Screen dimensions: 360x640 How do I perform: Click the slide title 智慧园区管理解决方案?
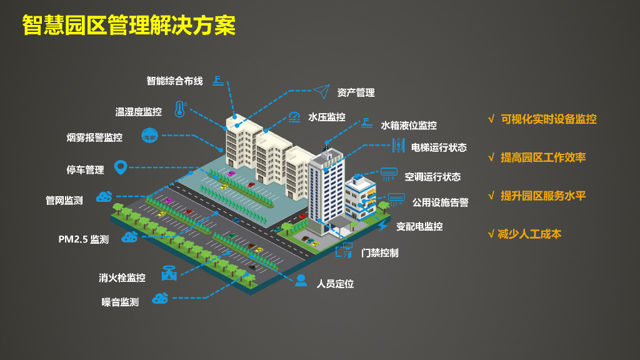[128, 25]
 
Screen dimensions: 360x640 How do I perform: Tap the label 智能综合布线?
[174, 81]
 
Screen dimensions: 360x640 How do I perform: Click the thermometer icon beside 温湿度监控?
[180, 110]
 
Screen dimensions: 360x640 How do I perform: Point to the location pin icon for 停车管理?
[121, 167]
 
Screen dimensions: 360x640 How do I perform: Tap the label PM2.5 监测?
[83, 239]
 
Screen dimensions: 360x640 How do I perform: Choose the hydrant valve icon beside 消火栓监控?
[168, 273]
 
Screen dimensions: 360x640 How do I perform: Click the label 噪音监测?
[120, 302]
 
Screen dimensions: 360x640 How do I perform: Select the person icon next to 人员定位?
[301, 280]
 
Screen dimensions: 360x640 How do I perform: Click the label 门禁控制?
[379, 253]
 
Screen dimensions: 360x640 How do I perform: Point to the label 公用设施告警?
[440, 202]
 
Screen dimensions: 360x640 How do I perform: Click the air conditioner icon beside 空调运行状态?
[389, 172]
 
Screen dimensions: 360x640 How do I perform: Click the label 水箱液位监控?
[409, 126]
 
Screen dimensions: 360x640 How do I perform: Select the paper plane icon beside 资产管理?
[321, 92]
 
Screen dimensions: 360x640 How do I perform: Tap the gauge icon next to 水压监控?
[294, 116]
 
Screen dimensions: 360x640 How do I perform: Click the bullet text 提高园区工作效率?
[542, 157]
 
